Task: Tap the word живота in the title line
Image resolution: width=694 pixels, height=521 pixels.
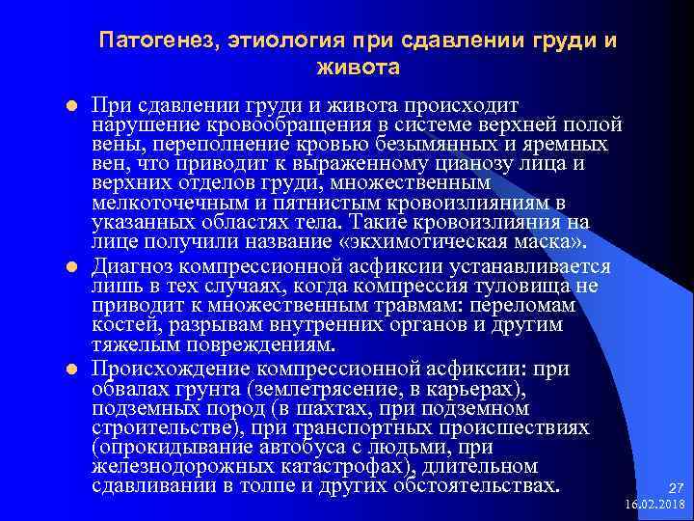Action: (357, 69)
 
